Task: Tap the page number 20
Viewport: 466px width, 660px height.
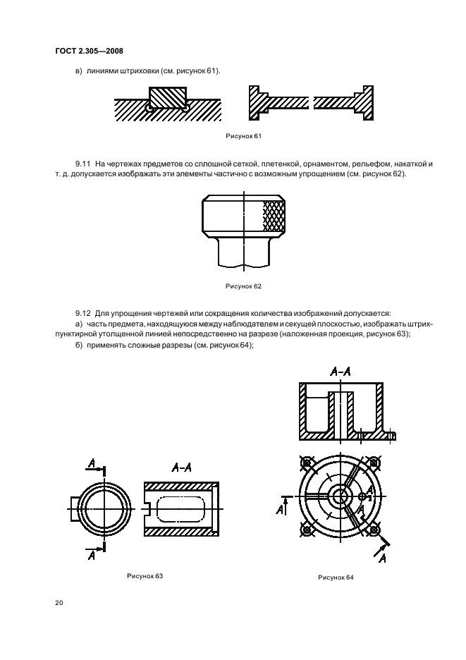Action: (x=58, y=603)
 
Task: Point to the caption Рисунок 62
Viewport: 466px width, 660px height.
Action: (x=243, y=286)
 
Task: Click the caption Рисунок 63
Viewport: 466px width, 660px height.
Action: (x=145, y=576)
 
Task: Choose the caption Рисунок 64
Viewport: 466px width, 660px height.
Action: (x=336, y=577)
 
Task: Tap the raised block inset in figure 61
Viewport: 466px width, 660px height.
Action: (x=168, y=96)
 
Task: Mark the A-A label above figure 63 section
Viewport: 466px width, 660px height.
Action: (x=184, y=467)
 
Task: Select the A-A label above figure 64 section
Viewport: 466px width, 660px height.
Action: (x=341, y=371)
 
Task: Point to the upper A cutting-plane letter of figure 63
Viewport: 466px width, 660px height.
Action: (x=92, y=463)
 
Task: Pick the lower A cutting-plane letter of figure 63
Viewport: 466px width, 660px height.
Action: (x=92, y=556)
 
